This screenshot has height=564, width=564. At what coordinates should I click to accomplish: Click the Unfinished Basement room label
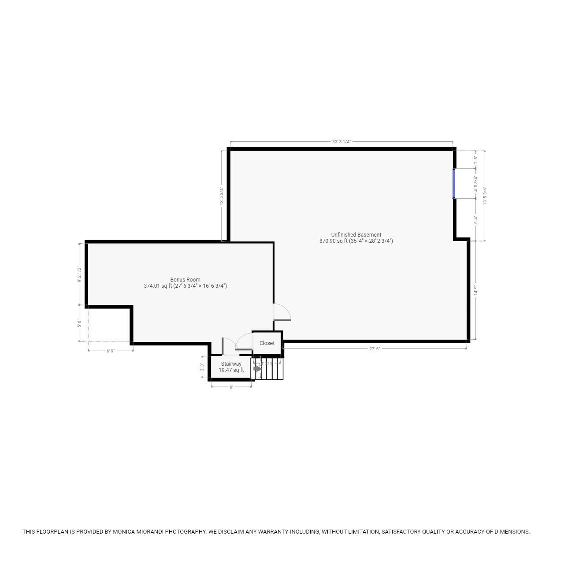point(356,235)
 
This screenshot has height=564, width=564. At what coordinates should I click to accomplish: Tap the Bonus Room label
point(185,280)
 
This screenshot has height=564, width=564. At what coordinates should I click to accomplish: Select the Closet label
point(267,343)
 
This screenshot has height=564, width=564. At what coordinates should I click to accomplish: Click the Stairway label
point(231,364)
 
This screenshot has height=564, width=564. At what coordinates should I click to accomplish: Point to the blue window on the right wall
point(454,184)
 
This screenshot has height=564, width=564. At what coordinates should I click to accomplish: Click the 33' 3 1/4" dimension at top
point(341,142)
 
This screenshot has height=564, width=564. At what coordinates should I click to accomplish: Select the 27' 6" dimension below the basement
point(375,349)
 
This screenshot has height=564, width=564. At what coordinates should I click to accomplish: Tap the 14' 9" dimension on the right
point(476,290)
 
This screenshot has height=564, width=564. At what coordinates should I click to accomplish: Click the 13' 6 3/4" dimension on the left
point(222,196)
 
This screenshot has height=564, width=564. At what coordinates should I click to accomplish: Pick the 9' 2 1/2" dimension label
point(79,274)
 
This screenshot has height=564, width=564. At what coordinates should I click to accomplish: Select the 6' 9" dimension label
point(111,351)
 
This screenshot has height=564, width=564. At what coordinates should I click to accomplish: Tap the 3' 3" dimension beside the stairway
point(202,367)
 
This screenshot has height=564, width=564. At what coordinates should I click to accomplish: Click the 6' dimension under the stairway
point(231,387)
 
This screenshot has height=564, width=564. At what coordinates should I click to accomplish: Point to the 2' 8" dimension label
point(475,160)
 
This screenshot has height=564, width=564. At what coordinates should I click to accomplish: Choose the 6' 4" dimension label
point(475,219)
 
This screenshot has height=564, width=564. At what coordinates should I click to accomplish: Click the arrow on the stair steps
point(257,369)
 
